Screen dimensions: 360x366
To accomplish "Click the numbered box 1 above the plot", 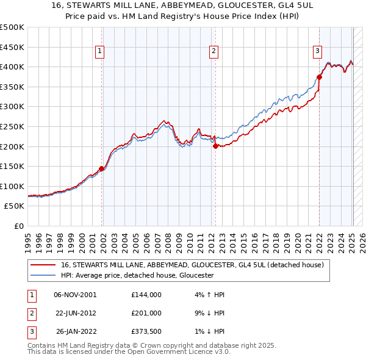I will click(x=99, y=52).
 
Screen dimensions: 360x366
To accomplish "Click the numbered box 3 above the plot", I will click(x=318, y=52).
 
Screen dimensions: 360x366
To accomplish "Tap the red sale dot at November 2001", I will click(x=101, y=169).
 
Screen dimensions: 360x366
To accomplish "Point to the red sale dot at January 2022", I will click(x=319, y=77).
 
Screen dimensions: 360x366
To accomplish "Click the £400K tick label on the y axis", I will click(x=12, y=67).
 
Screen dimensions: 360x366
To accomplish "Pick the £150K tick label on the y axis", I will click(x=12, y=166).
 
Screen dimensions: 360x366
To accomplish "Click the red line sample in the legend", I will click(x=43, y=265).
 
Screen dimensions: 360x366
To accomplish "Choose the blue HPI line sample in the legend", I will click(x=43, y=275).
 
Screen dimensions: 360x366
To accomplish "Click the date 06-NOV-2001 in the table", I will click(x=75, y=295).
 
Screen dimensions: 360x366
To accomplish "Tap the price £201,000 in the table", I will click(x=146, y=313).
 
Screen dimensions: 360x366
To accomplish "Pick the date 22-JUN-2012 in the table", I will click(x=75, y=313).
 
